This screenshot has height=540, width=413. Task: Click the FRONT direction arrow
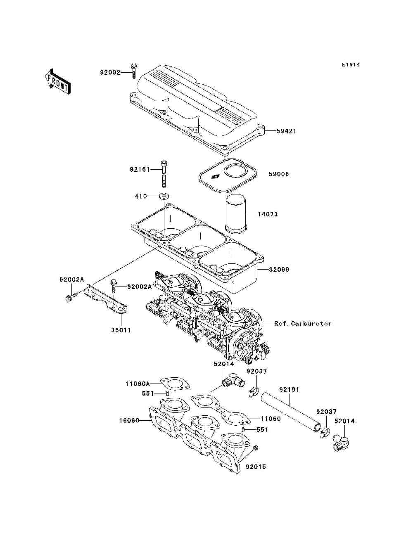57,81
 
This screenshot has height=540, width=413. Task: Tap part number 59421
286,131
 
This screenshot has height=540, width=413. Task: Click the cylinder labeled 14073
236,214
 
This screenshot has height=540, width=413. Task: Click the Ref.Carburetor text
303,323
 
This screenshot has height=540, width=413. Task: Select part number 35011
121,330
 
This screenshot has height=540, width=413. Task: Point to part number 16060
128,421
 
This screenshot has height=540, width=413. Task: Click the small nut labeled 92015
256,448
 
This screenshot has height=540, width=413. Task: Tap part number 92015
256,467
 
